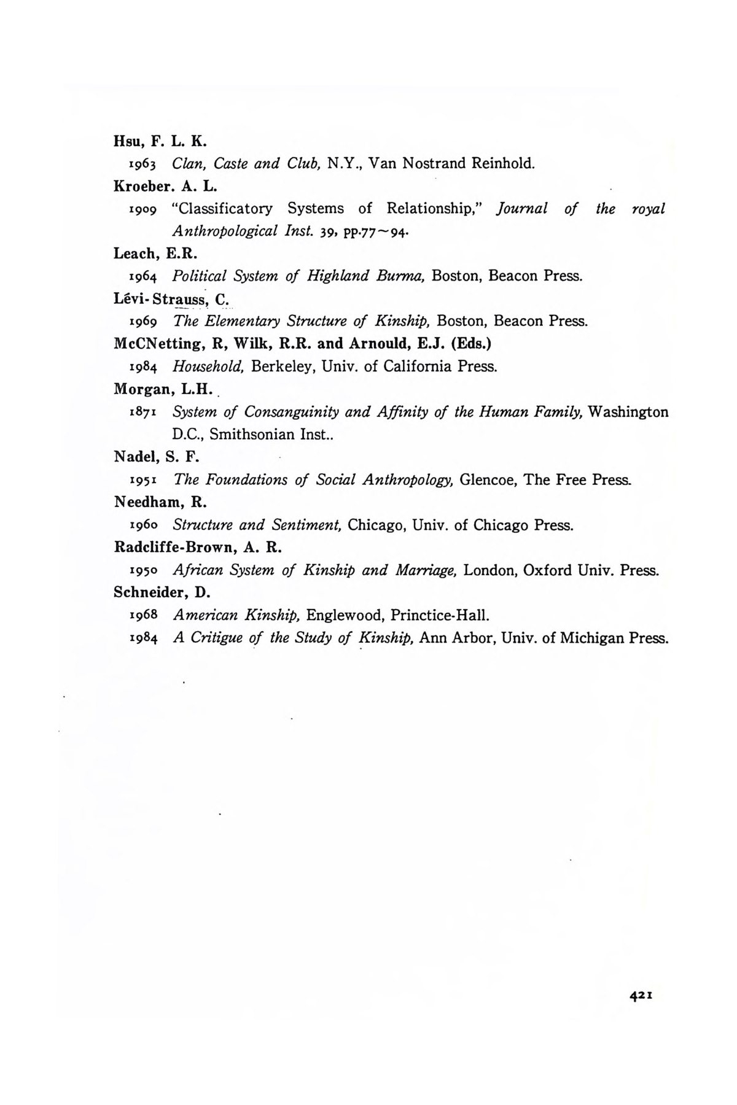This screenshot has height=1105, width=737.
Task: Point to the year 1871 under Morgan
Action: click(x=144, y=412)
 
